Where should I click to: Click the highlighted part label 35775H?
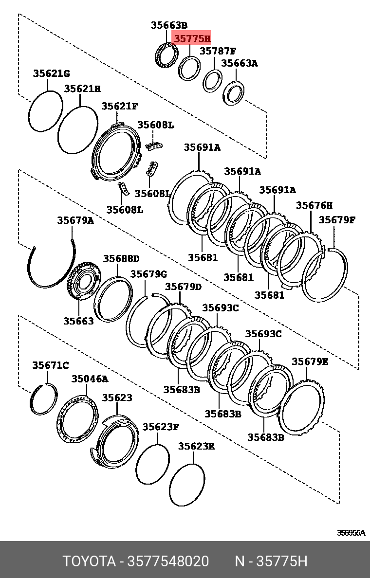tap(192, 38)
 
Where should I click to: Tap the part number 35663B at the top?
tap(168, 25)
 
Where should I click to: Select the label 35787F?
tap(218, 51)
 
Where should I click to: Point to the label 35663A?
tap(240, 63)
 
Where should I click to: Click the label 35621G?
tap(52, 73)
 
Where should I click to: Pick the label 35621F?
tap(120, 106)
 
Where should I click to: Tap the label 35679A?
tap(75, 220)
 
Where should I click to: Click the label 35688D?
tap(121, 258)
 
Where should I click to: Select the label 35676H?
tap(314, 205)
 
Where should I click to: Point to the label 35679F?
tap(337, 220)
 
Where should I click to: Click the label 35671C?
tap(51, 365)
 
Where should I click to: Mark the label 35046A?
tap(90, 379)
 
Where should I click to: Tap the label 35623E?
tap(196, 446)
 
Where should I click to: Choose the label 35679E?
tap(310, 361)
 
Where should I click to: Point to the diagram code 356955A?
tap(351, 533)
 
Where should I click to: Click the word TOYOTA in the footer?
tap(88, 561)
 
